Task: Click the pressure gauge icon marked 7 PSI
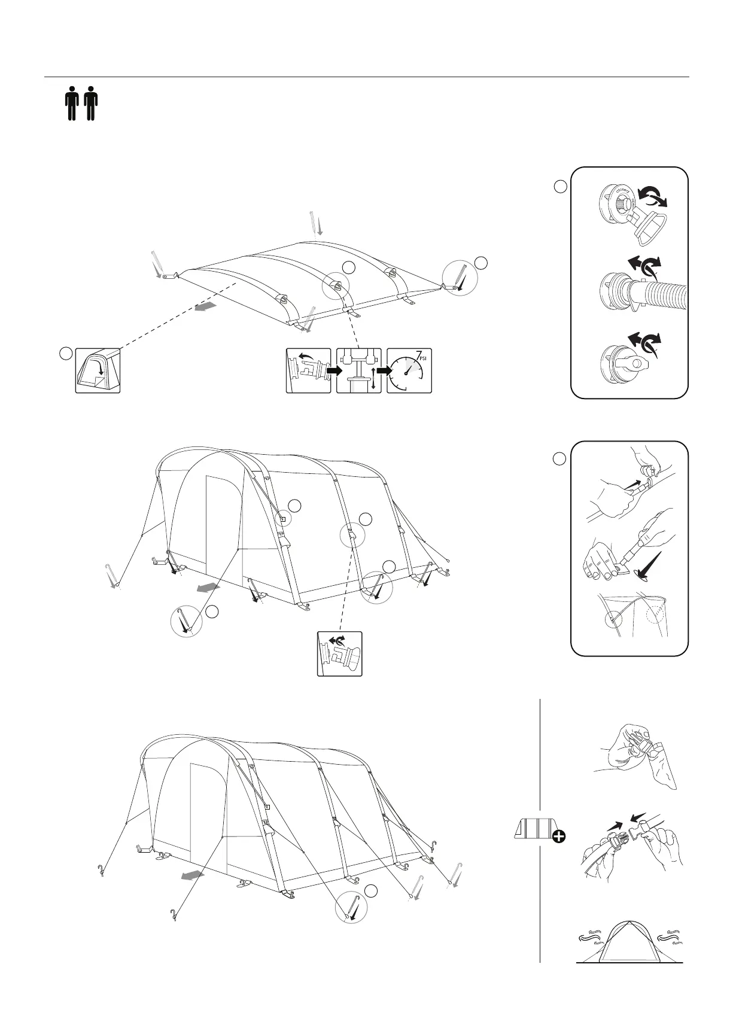[x=409, y=370]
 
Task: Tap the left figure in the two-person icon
[x=72, y=104]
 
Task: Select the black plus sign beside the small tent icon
[x=559, y=837]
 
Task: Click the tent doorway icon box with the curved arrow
[x=98, y=370]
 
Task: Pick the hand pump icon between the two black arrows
[x=359, y=370]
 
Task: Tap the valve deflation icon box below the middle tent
[x=340, y=654]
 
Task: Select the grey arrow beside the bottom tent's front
[x=193, y=876]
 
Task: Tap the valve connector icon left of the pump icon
[x=308, y=370]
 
